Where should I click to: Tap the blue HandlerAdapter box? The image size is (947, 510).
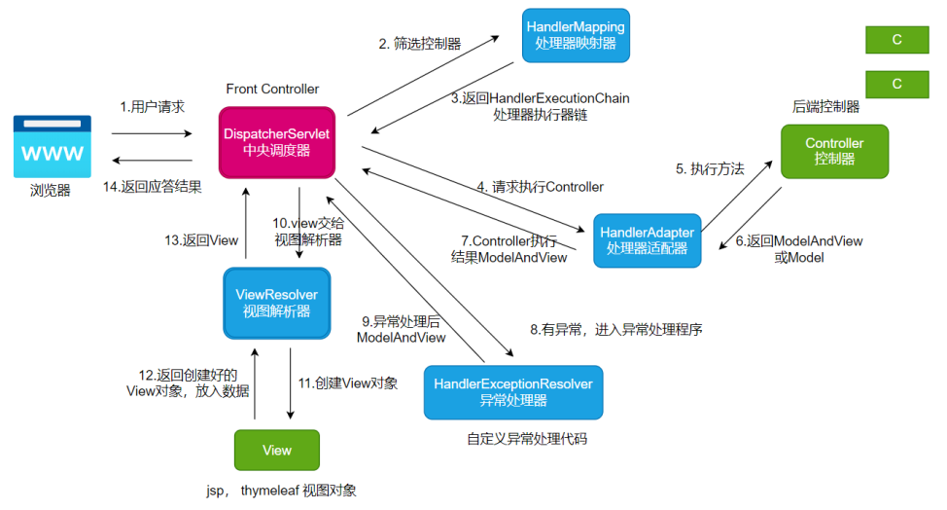click(x=647, y=240)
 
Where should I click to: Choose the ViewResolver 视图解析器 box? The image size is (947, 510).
click(x=277, y=303)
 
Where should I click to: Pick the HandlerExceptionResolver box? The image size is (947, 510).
click(x=513, y=392)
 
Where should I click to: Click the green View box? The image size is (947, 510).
click(x=276, y=450)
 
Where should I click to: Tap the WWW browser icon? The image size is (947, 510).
click(x=53, y=146)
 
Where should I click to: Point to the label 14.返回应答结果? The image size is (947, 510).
click(x=153, y=188)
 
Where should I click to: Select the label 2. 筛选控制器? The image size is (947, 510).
click(x=420, y=43)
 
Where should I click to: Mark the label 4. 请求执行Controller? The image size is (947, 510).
click(x=540, y=186)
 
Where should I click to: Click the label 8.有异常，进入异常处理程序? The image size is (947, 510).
click(x=615, y=330)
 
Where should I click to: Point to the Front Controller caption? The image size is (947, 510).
click(x=272, y=89)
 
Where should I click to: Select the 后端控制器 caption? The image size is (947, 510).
click(x=825, y=107)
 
